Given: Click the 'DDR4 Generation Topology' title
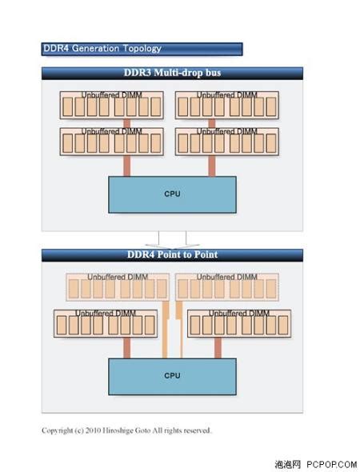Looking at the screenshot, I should pyautogui.click(x=102, y=49).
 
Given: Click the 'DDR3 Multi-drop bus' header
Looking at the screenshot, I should pyautogui.click(x=172, y=73).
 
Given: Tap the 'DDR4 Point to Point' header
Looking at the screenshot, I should pyautogui.click(x=172, y=254).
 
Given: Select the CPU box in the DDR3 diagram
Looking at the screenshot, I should pyautogui.click(x=172, y=194).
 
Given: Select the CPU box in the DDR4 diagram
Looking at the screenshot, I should pyautogui.click(x=172, y=375).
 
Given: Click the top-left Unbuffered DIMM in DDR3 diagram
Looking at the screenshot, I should pyautogui.click(x=113, y=105).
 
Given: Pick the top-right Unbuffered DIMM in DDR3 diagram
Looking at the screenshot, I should pyautogui.click(x=228, y=105).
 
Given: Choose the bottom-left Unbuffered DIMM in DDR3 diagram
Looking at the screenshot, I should pyautogui.click(x=113, y=141).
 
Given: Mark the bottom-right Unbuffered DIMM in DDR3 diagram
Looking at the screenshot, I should pyautogui.click(x=228, y=141).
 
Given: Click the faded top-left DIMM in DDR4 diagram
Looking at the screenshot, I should pyautogui.click(x=118, y=286).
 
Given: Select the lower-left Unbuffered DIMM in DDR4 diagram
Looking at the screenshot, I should pyautogui.click(x=106, y=322).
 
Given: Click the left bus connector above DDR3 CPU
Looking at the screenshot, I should pyautogui.click(x=126, y=166).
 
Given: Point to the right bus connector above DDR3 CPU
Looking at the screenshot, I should pyautogui.click(x=212, y=166).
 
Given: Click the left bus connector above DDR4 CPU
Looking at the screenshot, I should pyautogui.click(x=126, y=348).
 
